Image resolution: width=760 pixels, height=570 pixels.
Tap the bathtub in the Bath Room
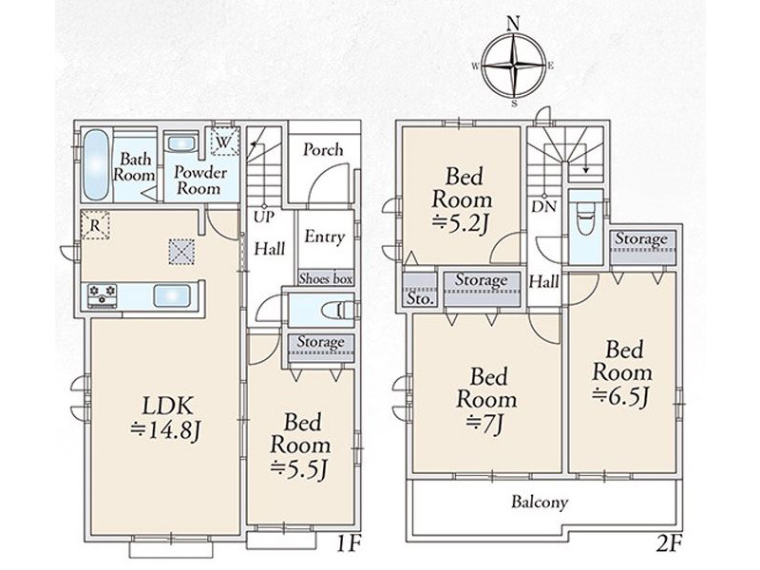96,164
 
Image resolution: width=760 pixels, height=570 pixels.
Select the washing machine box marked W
224,141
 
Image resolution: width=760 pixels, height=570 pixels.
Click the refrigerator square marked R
95,225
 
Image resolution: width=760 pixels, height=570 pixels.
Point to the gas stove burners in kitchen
103,295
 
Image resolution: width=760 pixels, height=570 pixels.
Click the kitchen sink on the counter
172,295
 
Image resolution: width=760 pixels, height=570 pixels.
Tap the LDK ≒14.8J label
165,418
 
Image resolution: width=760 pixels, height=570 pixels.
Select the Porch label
323,150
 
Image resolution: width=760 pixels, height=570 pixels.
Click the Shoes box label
326,278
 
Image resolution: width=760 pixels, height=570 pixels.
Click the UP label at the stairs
264,217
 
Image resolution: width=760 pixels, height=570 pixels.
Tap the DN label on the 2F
543,207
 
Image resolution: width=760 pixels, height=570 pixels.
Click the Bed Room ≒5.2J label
462,199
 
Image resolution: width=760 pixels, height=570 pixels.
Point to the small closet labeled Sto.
420,298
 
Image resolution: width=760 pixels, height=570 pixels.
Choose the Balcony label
540,503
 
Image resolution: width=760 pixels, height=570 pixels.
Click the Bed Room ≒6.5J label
622,372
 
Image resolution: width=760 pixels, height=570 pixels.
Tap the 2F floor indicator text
669,545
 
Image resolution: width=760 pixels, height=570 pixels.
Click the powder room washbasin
181,144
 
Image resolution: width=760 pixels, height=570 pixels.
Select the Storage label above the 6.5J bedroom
641,239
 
